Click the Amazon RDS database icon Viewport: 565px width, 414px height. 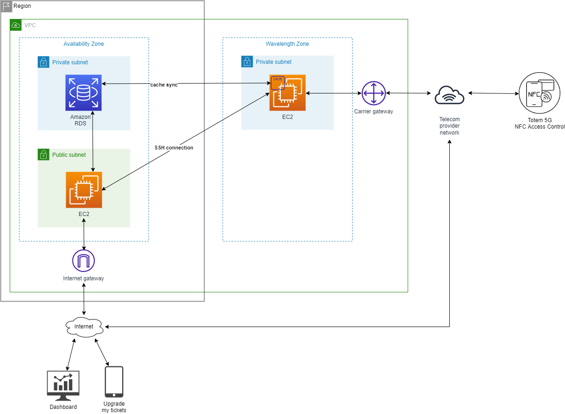click(83, 93)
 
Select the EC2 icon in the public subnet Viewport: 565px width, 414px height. click(84, 190)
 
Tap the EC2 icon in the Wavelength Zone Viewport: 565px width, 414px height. click(288, 93)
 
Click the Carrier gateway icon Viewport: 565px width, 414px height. click(373, 93)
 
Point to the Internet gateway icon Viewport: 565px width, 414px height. click(83, 261)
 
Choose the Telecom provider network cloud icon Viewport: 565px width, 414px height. click(449, 95)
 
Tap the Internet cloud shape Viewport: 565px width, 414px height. click(84, 327)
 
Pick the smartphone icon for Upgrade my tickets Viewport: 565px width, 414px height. click(114, 382)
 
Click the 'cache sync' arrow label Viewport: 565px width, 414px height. click(164, 85)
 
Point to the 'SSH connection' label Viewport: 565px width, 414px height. click(174, 148)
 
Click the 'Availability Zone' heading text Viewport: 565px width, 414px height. click(84, 44)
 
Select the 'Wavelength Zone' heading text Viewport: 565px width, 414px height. click(287, 44)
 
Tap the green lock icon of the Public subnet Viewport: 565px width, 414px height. click(43, 154)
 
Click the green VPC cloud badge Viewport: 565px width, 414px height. click(16, 25)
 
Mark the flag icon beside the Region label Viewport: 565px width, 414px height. click(6, 6)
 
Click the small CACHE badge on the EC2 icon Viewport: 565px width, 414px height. click(278, 80)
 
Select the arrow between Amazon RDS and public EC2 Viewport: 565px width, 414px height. click(93, 141)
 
